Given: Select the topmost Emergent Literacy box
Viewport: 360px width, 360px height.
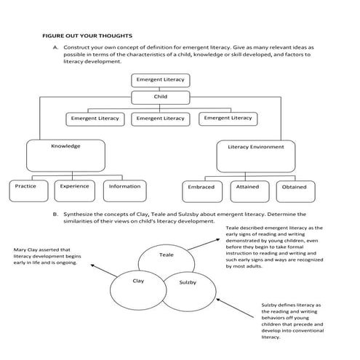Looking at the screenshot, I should [x=160, y=79].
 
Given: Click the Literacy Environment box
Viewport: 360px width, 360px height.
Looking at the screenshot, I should [x=255, y=153].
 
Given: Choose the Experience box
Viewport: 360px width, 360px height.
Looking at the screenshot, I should [x=74, y=188].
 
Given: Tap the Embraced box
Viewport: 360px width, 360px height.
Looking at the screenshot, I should [x=201, y=188].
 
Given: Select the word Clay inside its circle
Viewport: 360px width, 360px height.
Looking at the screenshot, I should [x=138, y=280].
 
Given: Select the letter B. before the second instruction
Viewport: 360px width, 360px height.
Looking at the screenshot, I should [x=55, y=214].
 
